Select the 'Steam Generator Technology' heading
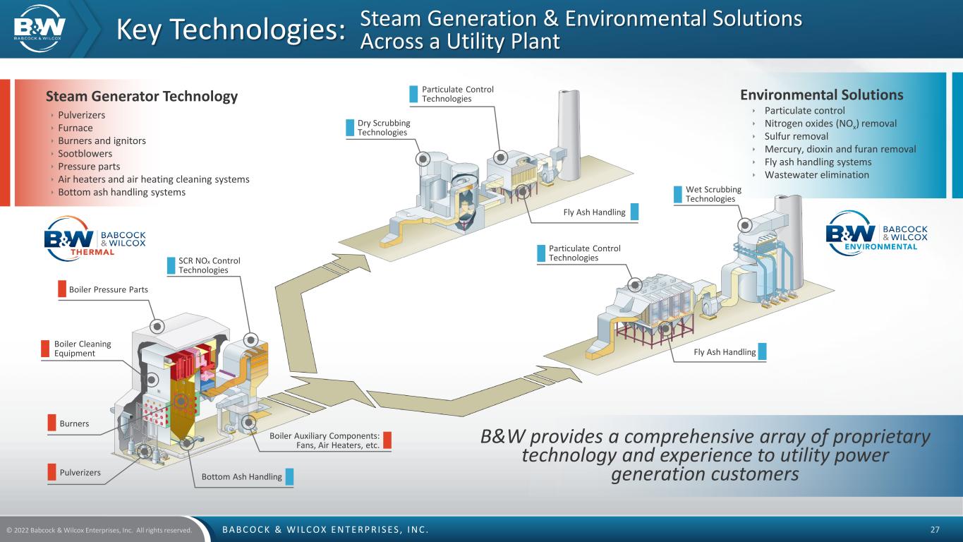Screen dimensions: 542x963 (x=141, y=96)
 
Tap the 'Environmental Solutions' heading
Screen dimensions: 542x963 (x=821, y=95)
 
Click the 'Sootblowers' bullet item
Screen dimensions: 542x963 (x=85, y=154)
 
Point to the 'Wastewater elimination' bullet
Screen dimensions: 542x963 (x=816, y=175)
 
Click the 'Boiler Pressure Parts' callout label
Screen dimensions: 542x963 (x=108, y=289)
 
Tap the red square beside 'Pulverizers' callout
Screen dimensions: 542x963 (x=51, y=472)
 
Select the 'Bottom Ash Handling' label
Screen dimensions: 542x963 (x=241, y=477)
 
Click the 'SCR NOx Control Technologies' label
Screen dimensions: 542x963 (x=209, y=265)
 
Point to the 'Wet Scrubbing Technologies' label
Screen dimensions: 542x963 (x=713, y=194)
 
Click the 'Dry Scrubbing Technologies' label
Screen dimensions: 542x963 (x=384, y=128)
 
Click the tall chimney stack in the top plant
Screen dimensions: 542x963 (x=569, y=134)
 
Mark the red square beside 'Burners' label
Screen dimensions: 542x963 (x=51, y=423)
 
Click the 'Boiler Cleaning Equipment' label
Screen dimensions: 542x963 (x=83, y=349)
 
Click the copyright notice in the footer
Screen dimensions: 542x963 (x=99, y=530)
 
